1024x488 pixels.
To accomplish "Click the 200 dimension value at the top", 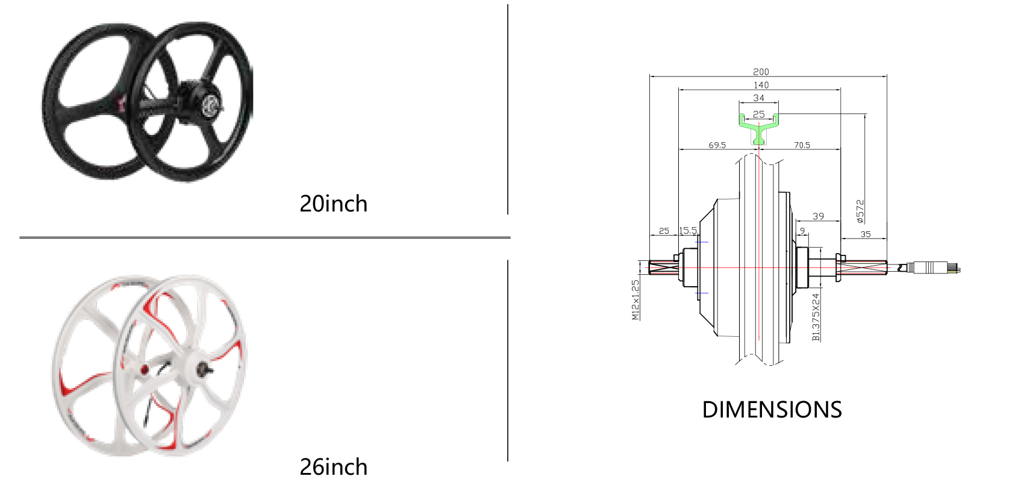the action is tap(761, 72).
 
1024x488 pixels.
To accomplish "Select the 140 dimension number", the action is tap(761, 85).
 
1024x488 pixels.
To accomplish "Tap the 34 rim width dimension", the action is tap(758, 98).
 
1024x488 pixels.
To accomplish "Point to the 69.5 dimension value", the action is tap(717, 145).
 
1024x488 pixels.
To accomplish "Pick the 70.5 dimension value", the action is tap(802, 145).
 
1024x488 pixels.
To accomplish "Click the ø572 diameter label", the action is tap(860, 211).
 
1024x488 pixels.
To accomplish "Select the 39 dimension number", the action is tap(818, 216).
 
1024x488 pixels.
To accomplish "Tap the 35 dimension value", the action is tap(866, 234).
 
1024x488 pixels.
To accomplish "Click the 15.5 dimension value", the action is tap(687, 231).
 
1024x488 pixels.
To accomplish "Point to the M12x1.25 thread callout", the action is tap(635, 300).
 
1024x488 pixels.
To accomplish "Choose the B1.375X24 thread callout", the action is tap(816, 318).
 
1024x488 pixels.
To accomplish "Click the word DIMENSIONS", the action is tap(772, 410).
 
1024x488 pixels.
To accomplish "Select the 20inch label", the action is tap(333, 204).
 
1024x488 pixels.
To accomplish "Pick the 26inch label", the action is tap(333, 467).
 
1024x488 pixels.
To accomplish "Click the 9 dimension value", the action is tap(802, 231).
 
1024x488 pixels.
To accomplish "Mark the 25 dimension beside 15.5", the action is tap(664, 231).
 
